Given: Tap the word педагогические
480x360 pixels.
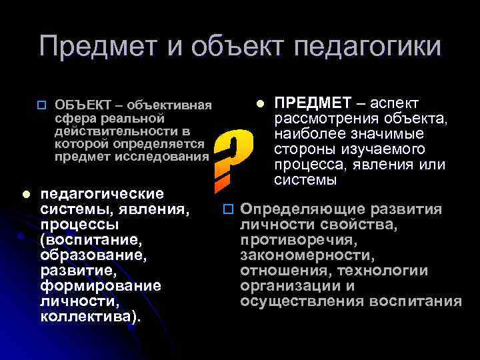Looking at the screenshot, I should (102, 194).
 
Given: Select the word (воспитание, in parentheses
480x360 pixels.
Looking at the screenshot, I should (83, 239).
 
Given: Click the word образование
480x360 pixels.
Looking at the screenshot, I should (93, 255).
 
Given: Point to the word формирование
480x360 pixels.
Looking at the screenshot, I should (101, 285).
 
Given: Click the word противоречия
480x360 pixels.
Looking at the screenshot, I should (299, 240).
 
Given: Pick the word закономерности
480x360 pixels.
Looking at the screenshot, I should (307, 255).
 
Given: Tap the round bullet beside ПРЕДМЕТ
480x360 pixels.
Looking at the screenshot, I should (261, 103).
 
